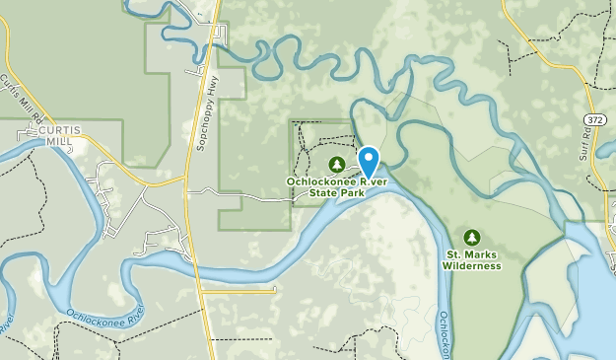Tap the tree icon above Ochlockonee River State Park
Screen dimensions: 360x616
tap(336, 164)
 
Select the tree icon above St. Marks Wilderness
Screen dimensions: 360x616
tap(471, 237)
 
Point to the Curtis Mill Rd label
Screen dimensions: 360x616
tap(22, 100)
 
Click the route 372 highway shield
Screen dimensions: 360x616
tap(593, 119)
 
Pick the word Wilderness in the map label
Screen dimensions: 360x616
tap(471, 266)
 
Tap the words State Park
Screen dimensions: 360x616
tap(337, 193)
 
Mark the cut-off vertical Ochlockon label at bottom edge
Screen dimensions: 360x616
tap(445, 334)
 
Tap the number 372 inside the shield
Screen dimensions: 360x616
tap(593, 119)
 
